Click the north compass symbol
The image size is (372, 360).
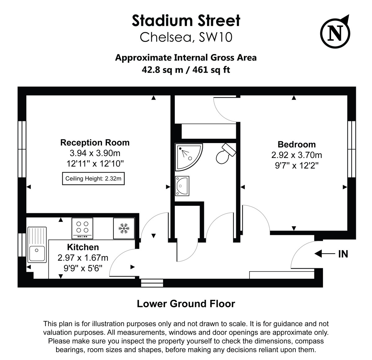click(335, 32)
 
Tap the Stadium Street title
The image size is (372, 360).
click(186, 20)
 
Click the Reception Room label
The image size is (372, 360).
click(95, 142)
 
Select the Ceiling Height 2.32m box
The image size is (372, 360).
click(93, 178)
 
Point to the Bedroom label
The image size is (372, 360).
click(297, 144)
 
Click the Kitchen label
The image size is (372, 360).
click(83, 247)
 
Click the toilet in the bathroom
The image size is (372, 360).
click(224, 154)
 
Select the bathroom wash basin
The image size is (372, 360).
click(182, 186)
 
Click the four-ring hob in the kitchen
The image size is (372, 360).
click(82, 228)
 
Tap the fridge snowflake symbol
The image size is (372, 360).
click(124, 228)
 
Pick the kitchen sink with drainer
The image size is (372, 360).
click(37, 245)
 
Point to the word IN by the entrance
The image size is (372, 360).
click(343, 254)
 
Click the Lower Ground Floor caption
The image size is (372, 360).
click(186, 304)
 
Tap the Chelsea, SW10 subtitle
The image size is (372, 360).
click(186, 37)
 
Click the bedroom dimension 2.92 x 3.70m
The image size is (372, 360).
click(297, 155)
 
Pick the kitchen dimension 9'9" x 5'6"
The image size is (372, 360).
click(83, 268)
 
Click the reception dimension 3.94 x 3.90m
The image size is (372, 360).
click(95, 153)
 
